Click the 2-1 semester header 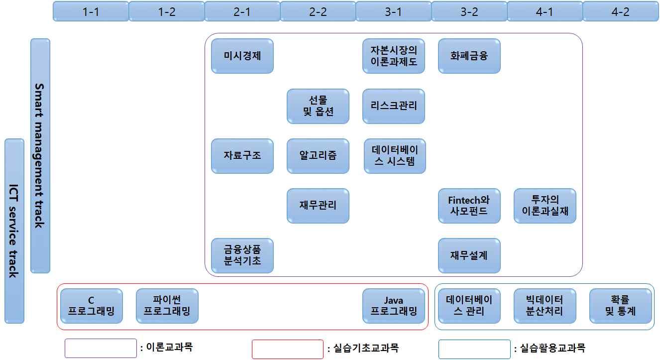click(x=242, y=12)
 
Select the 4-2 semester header click(x=620, y=12)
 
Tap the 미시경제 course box click(x=242, y=56)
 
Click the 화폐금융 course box click(x=469, y=56)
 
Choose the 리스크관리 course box click(x=394, y=106)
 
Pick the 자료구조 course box click(x=242, y=156)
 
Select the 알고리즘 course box click(x=318, y=156)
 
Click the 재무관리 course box click(x=318, y=206)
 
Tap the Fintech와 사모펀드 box click(x=469, y=206)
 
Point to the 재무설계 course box click(x=469, y=255)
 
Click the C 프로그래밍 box click(x=91, y=306)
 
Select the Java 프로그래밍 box click(x=394, y=306)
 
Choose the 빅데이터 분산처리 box click(x=545, y=306)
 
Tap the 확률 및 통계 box click(x=621, y=306)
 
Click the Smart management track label click(x=40, y=155)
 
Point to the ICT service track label click(x=14, y=231)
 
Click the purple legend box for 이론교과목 click(x=101, y=349)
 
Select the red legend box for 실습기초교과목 click(x=288, y=349)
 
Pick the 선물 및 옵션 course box click(x=318, y=106)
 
